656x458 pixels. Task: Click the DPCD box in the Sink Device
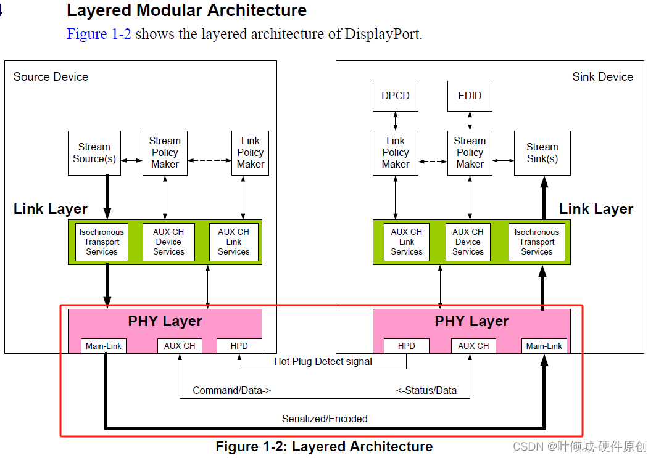(395, 96)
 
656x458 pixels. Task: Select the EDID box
(470, 96)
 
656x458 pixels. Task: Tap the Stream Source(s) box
(94, 153)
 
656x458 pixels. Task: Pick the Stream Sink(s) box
(542, 153)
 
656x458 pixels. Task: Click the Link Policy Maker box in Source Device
(250, 153)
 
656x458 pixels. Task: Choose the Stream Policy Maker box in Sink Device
(470, 153)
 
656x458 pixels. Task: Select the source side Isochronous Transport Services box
(102, 242)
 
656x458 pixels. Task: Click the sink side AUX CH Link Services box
(407, 242)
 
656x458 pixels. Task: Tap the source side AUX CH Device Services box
(168, 242)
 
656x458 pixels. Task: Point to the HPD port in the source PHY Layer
(239, 346)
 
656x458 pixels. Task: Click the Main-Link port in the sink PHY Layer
(544, 346)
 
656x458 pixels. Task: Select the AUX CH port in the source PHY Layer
(180, 346)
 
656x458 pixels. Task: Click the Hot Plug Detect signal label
(323, 362)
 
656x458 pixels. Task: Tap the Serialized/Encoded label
(325, 419)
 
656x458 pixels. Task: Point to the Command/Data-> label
(231, 390)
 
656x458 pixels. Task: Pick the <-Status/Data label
(426, 390)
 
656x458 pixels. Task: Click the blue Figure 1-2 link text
(99, 34)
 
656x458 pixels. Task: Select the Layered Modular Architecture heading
(186, 10)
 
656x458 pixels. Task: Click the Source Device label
(51, 77)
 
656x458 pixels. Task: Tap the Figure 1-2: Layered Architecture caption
(324, 446)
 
